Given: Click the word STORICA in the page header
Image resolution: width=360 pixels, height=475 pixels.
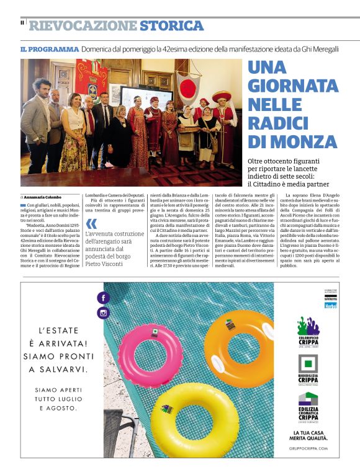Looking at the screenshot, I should (x=171, y=26).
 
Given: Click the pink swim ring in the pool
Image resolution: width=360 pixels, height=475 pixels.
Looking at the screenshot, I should (x=150, y=348).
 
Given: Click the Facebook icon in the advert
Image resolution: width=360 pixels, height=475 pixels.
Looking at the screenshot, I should (x=103, y=298).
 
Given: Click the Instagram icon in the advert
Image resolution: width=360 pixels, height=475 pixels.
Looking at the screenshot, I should (x=103, y=313).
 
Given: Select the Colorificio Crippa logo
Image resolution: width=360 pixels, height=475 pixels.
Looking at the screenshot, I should (x=308, y=335).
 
